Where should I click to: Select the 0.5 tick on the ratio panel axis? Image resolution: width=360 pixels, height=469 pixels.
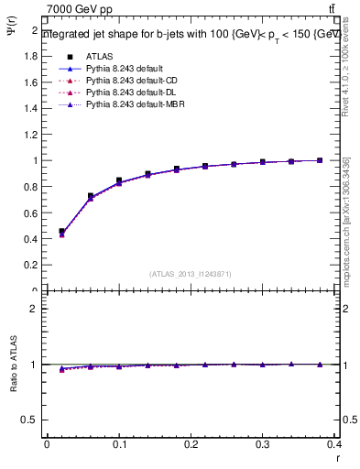[x=32, y=420]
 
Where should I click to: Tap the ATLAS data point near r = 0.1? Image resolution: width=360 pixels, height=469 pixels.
[x=119, y=180]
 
